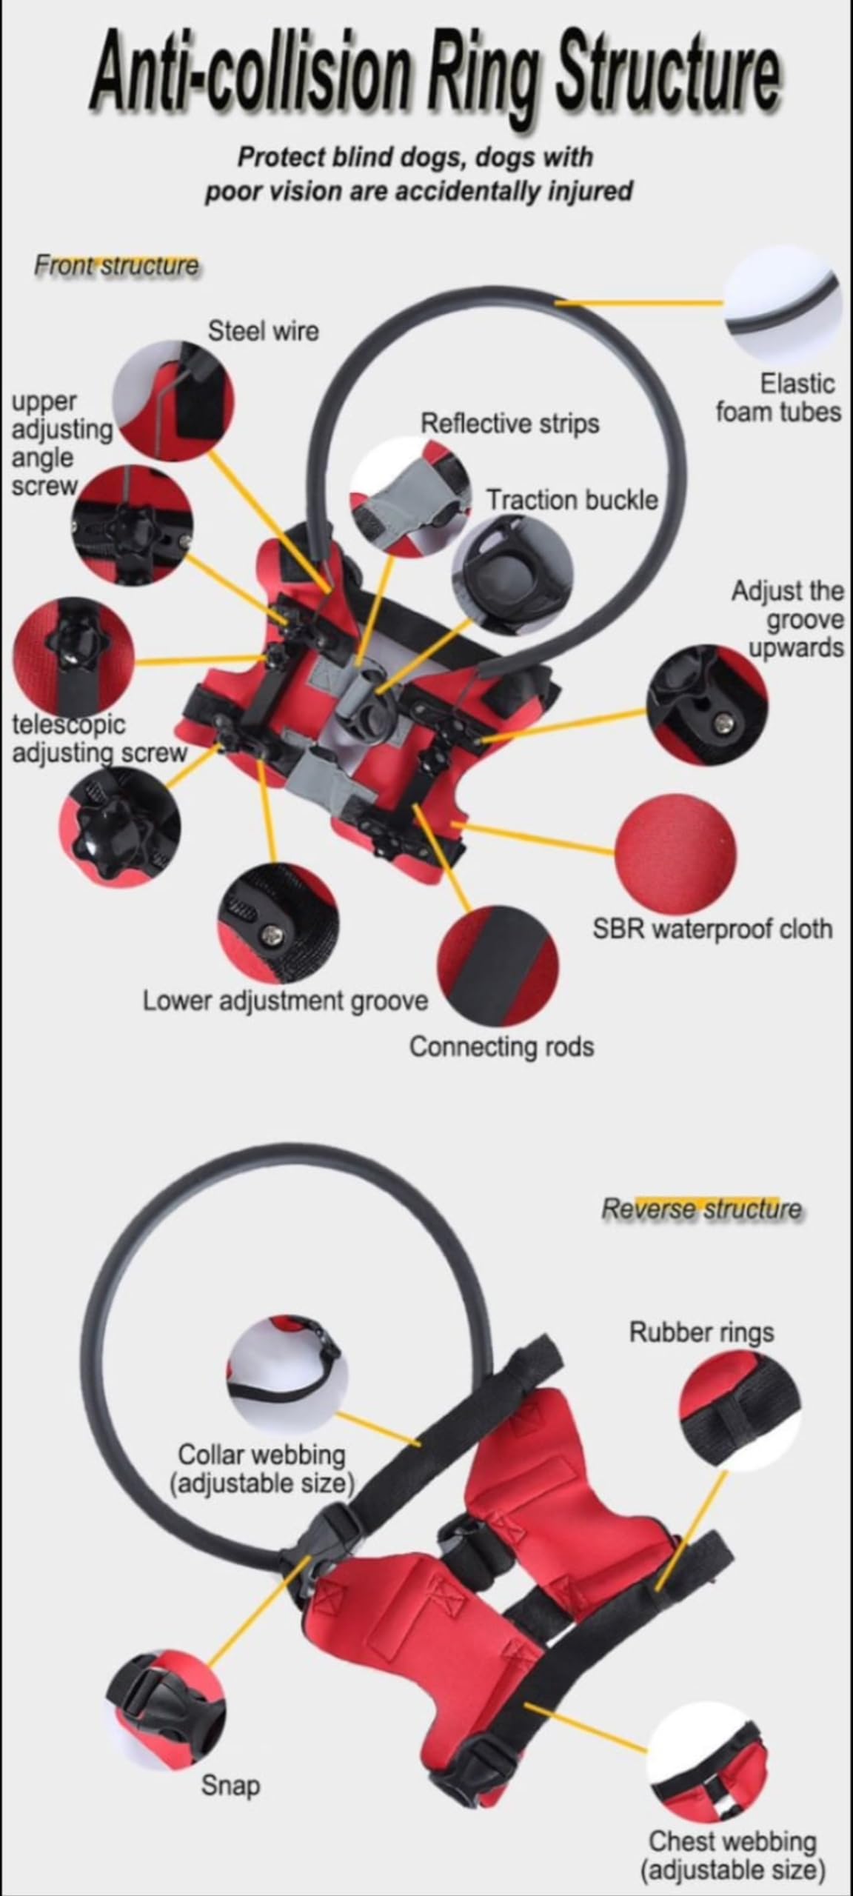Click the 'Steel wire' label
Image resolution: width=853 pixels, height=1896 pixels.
(263, 331)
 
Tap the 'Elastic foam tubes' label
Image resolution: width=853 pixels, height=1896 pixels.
(777, 398)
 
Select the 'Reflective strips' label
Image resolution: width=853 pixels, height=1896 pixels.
(509, 424)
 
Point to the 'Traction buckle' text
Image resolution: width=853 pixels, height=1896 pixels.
(572, 500)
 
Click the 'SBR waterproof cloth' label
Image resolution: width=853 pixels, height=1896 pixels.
(712, 929)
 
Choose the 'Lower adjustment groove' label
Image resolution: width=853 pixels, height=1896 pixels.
(285, 1001)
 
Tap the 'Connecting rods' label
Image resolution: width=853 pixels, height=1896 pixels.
(501, 1047)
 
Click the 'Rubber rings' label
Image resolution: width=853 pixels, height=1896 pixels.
(701, 1332)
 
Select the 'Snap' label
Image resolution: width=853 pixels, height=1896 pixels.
(230, 1785)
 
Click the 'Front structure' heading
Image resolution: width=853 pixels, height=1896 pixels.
(116, 265)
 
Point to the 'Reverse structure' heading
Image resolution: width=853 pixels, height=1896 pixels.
(700, 1209)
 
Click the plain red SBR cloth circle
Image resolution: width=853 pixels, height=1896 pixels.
(676, 854)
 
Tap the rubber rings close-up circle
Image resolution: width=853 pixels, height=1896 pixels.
(738, 1406)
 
